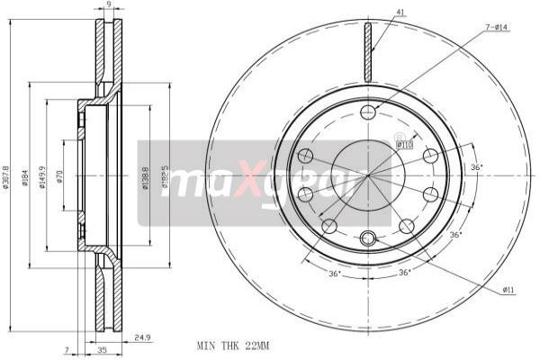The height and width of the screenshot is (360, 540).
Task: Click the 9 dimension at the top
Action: pos(108,5)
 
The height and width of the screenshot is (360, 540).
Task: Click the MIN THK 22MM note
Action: pos(232,345)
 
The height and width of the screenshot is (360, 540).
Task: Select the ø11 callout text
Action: pos(508,289)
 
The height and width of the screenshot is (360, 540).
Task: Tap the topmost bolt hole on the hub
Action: pos(368,112)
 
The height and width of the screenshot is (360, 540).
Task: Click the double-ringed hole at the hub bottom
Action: pos(367,238)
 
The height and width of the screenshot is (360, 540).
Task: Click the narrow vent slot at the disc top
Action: pos(367,49)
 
